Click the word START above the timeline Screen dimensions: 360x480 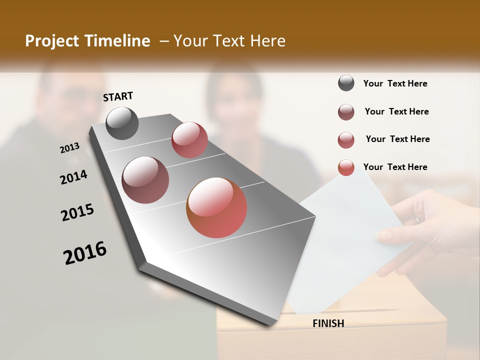tap(118, 96)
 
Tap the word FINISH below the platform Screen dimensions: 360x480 tap(328, 323)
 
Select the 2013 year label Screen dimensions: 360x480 tap(69, 148)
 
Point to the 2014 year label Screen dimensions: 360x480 tap(73, 177)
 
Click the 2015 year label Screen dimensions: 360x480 tap(77, 212)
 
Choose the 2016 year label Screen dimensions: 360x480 tap(85, 253)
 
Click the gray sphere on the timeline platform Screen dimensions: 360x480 tap(122, 123)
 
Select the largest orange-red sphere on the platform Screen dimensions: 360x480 tap(216, 207)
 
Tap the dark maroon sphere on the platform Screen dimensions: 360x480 tap(145, 180)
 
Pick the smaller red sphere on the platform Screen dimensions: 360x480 tap(189, 139)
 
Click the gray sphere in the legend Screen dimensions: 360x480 tap(346, 83)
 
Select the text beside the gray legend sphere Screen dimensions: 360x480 tap(395, 83)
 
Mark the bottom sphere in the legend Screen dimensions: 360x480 tap(346, 167)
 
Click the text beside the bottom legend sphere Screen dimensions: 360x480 tap(395, 167)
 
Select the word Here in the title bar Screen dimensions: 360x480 tap(267, 41)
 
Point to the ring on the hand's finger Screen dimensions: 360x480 tap(418, 219)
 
